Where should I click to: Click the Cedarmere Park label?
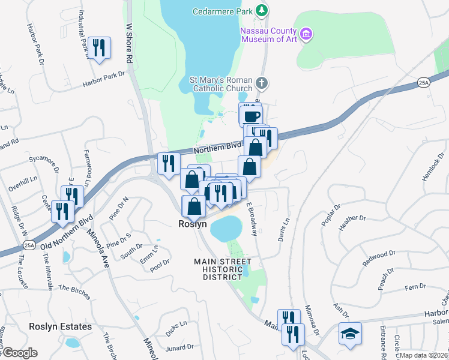[221, 11]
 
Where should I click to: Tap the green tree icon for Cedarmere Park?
[262, 11]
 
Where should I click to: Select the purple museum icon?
[307, 34]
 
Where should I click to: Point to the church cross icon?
[261, 82]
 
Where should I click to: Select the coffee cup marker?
[252, 115]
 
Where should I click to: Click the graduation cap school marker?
[350, 333]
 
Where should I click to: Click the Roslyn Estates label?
[61, 326]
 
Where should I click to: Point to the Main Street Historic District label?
[222, 269]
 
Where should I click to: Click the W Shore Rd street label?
[128, 43]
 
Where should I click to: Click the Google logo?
[19, 352]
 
